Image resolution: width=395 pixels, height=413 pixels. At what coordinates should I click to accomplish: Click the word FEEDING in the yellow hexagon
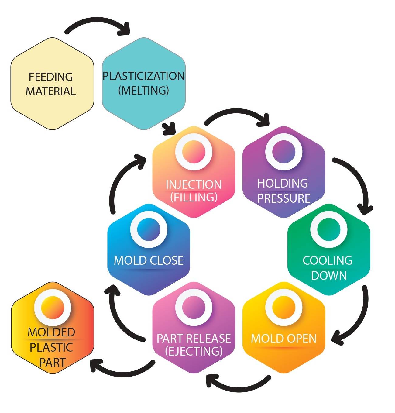pyautogui.click(x=51, y=77)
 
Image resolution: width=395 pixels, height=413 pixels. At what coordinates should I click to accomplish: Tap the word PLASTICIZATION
pyautogui.click(x=143, y=76)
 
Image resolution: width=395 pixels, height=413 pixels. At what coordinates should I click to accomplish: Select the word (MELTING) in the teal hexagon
pyautogui.click(x=143, y=90)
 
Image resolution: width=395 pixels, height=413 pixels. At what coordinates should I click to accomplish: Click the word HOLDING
pyautogui.click(x=283, y=183)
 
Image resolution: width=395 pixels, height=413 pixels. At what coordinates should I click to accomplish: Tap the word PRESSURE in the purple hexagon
pyautogui.click(x=284, y=198)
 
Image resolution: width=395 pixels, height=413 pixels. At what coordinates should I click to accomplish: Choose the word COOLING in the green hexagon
pyautogui.click(x=328, y=260)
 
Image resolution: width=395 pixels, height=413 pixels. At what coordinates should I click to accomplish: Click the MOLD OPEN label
pyautogui.click(x=284, y=338)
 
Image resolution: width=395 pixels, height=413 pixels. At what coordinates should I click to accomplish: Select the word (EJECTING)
pyautogui.click(x=194, y=351)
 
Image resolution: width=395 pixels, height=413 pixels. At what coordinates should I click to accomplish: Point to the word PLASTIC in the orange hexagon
pyautogui.click(x=51, y=347)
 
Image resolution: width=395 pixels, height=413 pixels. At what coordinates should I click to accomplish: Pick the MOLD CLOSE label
pyautogui.click(x=149, y=260)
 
